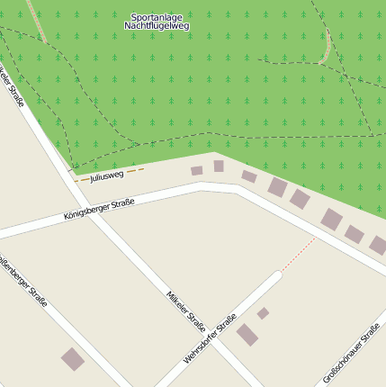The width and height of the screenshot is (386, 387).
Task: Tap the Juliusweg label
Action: tap(106, 175)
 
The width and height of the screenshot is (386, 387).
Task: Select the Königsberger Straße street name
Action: tap(99, 210)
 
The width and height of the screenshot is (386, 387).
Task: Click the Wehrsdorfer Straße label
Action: tap(210, 338)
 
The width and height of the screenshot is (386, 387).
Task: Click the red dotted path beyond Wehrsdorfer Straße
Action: tap(298, 255)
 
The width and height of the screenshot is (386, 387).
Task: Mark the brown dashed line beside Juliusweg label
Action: tap(134, 169)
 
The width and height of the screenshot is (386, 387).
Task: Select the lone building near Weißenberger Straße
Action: tap(73, 359)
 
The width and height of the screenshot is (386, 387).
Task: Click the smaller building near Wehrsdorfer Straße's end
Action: tap(263, 313)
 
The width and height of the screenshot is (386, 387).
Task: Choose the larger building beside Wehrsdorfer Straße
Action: tap(247, 336)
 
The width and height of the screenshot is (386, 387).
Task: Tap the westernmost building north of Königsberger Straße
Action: tap(196, 170)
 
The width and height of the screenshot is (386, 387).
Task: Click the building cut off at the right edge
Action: tap(379, 245)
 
